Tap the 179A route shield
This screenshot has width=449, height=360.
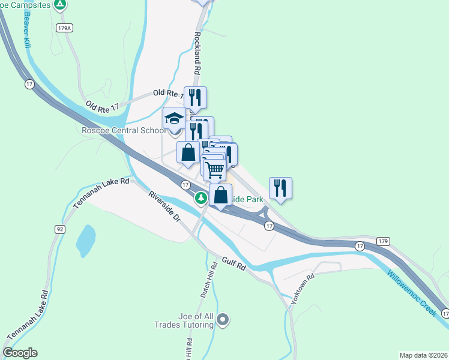65,28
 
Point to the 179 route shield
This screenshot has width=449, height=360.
384,241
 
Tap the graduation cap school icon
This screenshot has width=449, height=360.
174,118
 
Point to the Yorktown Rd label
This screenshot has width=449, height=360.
302,290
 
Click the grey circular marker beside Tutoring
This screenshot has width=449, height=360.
223,320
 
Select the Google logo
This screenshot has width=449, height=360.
20,353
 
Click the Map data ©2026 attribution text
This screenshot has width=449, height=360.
423,355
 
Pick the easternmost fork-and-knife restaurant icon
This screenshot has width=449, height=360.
280,188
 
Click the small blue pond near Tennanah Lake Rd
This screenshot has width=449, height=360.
86,241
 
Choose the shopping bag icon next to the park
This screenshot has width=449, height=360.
221,196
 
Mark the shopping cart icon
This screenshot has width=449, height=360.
214,170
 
